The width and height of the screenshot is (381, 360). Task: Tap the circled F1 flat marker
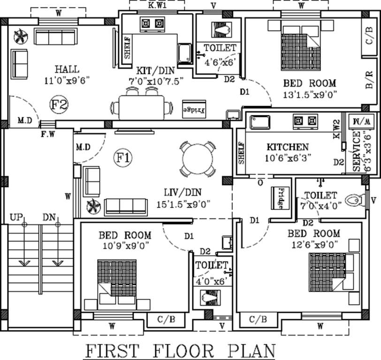click(123, 158)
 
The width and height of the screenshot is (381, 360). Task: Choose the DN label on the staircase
click(49, 217)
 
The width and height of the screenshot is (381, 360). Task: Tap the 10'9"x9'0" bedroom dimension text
click(124, 245)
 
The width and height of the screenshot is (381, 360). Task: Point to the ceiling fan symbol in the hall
click(22, 36)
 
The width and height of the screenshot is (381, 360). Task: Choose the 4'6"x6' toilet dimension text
click(218, 60)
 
